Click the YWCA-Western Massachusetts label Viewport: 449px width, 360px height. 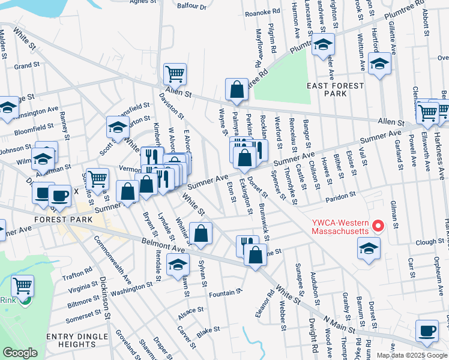pyautogui.click(x=340, y=227)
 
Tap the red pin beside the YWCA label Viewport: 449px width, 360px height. pyautogui.click(x=378, y=226)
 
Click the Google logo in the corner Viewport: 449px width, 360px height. pyautogui.click(x=21, y=352)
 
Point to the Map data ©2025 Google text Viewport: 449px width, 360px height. pyautogui.click(x=411, y=355)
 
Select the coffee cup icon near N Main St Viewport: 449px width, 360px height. pyautogui.click(x=427, y=331)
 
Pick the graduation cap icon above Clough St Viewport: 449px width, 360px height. pyautogui.click(x=368, y=247)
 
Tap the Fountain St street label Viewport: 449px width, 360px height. pyautogui.click(x=225, y=293)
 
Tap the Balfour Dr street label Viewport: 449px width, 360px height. pyautogui.click(x=191, y=7)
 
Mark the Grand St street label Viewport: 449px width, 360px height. pyautogui.click(x=26, y=65)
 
